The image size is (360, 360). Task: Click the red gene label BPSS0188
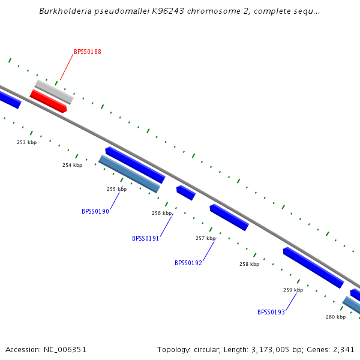click(x=88, y=52)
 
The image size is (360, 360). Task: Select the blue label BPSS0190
click(x=95, y=211)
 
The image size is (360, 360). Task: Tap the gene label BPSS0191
click(x=146, y=238)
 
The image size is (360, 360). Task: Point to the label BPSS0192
click(x=188, y=263)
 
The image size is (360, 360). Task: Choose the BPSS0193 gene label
click(x=271, y=312)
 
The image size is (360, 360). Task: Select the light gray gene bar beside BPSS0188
click(x=54, y=92)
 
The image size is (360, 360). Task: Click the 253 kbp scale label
click(x=26, y=142)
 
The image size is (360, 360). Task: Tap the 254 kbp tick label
click(x=73, y=165)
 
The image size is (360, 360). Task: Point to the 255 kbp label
click(x=117, y=189)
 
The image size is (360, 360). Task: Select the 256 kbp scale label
click(x=162, y=213)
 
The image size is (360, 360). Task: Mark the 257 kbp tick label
click(x=206, y=238)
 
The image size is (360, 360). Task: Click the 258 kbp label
click(x=250, y=264)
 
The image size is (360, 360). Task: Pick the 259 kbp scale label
click(x=293, y=290)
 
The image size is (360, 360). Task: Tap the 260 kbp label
click(x=336, y=317)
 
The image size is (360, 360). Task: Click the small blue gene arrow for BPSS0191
click(x=186, y=193)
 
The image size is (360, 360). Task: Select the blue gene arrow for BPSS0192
click(x=229, y=217)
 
